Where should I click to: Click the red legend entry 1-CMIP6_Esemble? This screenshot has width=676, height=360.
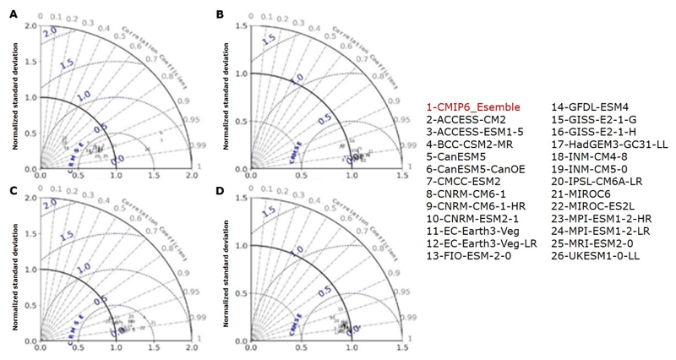pyautogui.click(x=474, y=108)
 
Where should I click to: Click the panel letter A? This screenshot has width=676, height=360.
pyautogui.click(x=13, y=14)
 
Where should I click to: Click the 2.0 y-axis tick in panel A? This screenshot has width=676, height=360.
pyautogui.click(x=31, y=26)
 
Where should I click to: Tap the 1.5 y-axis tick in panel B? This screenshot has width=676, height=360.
pyautogui.click(x=241, y=26)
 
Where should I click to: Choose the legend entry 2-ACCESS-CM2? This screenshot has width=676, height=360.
pyautogui.click(x=462, y=120)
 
